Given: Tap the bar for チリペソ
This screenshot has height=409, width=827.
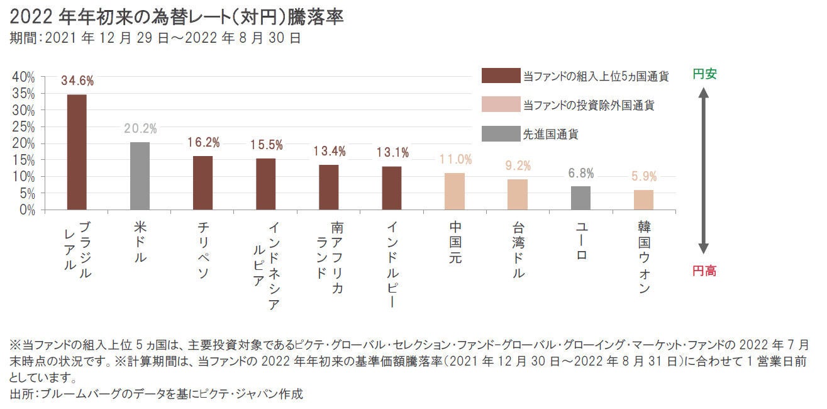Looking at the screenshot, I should (203, 183).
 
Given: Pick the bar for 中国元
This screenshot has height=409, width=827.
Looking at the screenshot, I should (454, 191).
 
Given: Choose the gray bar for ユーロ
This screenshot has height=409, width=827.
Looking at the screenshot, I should (580, 198).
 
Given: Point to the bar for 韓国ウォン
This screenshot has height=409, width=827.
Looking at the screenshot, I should (643, 200).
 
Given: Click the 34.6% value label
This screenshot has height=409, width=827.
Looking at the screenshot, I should (77, 81).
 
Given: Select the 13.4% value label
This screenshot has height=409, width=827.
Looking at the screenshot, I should (330, 151).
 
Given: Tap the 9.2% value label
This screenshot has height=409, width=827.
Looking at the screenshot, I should (518, 166).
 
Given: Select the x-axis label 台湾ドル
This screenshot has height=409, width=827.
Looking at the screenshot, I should (518, 249).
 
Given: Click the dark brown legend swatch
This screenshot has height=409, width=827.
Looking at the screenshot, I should (501, 76).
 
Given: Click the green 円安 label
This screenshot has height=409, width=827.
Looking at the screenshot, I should (704, 74).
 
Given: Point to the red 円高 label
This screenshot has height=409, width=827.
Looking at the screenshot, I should (704, 271).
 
